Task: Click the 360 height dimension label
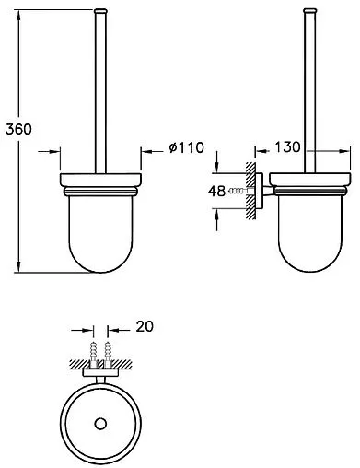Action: (x=18, y=129)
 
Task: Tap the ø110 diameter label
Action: (x=186, y=147)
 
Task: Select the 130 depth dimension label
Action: (x=287, y=147)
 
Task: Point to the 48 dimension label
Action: (x=216, y=192)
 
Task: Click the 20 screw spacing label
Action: (x=145, y=326)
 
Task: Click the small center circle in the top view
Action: (x=100, y=424)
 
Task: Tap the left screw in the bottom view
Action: (x=93, y=354)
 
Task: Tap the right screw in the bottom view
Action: (x=108, y=354)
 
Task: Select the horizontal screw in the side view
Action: (x=240, y=192)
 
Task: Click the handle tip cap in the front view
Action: (x=100, y=11)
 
